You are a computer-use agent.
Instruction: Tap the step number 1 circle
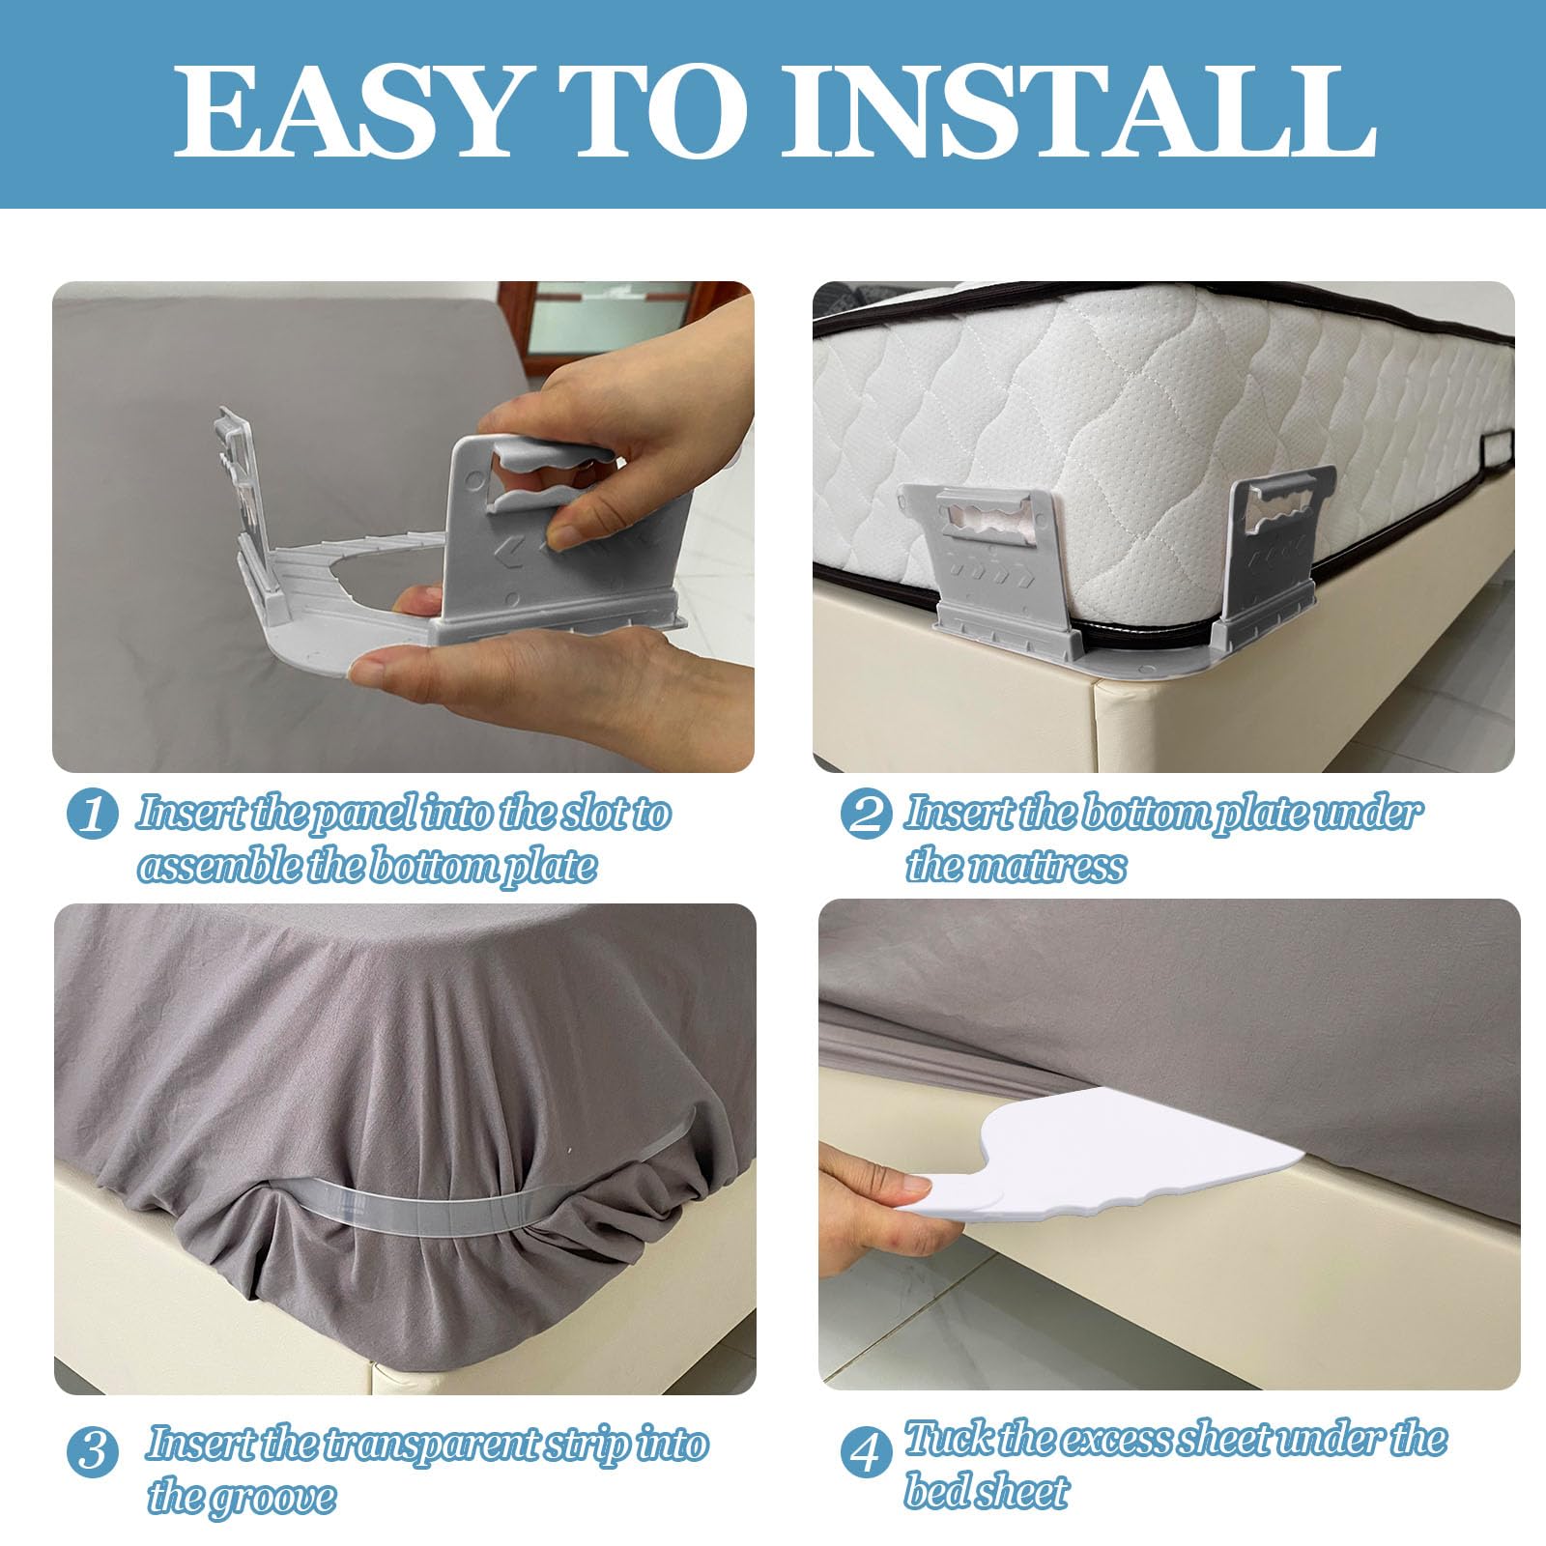coord(93,815)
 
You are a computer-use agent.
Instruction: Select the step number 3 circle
coord(93,1452)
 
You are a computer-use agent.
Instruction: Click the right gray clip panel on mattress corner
coord(1275,551)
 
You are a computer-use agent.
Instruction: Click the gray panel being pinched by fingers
coord(522,541)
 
